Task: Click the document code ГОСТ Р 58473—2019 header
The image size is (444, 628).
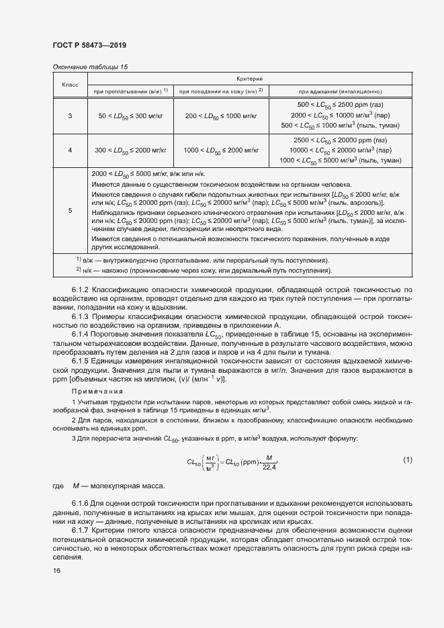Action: click(89, 45)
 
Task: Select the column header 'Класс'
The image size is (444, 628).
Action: click(71, 85)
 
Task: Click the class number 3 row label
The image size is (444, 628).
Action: click(71, 116)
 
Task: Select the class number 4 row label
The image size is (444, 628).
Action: click(71, 150)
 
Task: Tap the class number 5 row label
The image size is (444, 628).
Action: click(71, 211)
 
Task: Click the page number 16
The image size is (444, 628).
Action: click(56, 570)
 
